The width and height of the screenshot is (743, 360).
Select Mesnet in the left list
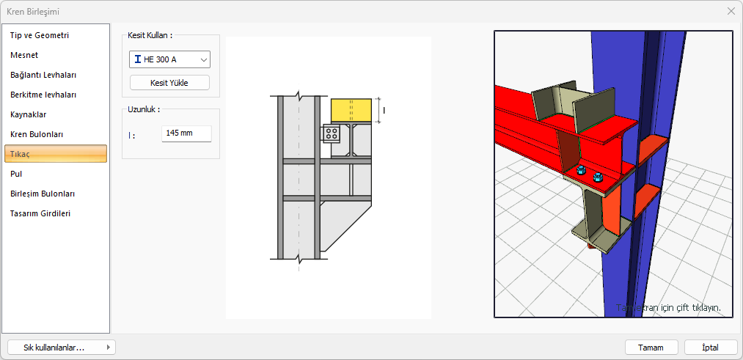coord(24,55)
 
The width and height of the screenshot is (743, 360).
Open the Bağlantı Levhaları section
coord(43,75)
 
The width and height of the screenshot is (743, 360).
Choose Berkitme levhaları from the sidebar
coord(43,95)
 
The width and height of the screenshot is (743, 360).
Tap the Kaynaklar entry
coord(28,114)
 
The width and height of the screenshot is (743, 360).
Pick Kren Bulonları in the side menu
coord(37,134)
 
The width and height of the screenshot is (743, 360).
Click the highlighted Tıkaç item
coord(56,154)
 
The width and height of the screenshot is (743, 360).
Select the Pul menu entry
coord(16,174)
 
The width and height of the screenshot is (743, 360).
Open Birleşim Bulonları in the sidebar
coord(42,194)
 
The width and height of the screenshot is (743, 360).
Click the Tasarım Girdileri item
coord(40,213)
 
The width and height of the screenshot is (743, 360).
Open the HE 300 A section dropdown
coord(169,59)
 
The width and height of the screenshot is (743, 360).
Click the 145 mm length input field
coord(186,133)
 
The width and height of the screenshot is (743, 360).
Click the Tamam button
coord(651,348)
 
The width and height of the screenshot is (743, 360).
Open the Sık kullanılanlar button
coord(62,348)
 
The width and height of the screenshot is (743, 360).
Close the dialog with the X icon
coord(731,12)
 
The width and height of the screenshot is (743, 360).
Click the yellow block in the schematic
coord(351,111)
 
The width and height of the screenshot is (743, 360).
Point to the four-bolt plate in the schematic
coord(332,133)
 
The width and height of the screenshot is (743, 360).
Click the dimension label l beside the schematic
coord(384,111)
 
